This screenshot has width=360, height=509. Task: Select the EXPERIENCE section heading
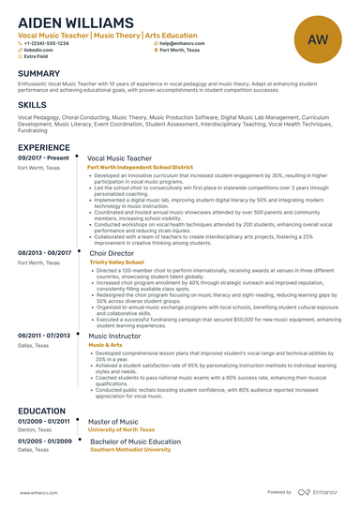pos(44,147)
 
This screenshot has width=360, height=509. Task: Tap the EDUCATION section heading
pos(41,411)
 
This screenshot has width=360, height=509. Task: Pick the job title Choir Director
pos(112,253)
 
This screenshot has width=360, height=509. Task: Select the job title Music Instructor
pos(117,335)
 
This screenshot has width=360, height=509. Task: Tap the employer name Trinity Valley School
pos(118,262)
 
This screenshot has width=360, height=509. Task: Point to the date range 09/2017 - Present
pos(43,158)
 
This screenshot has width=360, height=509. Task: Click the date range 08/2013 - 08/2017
pos(45,253)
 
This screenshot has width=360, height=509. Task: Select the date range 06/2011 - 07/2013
pos(44,335)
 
